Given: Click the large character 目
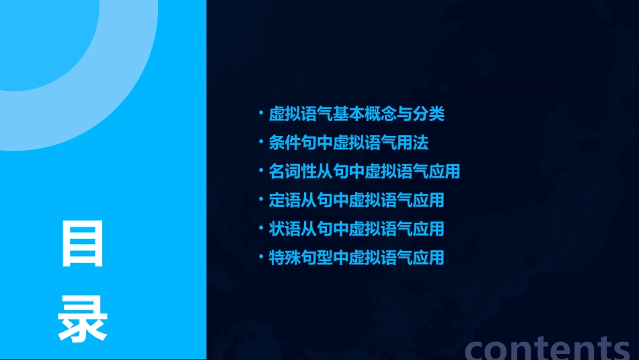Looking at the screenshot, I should pos(83,244).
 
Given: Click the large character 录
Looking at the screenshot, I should pos(83,319).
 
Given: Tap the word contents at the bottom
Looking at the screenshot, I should pos(548,348).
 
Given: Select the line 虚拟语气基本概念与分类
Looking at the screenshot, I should pos(356,114).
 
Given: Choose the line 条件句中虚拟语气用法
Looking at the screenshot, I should pos(348,143).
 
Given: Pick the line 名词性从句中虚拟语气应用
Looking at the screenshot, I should pos(364,172).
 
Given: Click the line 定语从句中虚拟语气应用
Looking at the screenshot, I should pos(356,201).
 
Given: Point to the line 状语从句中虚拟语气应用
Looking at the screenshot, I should pos(356,229).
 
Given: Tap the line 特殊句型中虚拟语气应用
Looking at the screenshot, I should pos(356,258).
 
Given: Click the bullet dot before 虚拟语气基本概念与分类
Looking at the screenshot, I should pos(261,114).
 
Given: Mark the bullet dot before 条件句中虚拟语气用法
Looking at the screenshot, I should pos(261,143).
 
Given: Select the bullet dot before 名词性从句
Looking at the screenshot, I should pos(261,172).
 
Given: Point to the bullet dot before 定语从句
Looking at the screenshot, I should pos(261,201).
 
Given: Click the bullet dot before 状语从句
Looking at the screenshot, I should pos(261,229).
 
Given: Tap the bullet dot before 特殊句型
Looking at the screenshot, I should pos(261,258).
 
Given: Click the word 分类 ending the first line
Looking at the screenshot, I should pos(428,114).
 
